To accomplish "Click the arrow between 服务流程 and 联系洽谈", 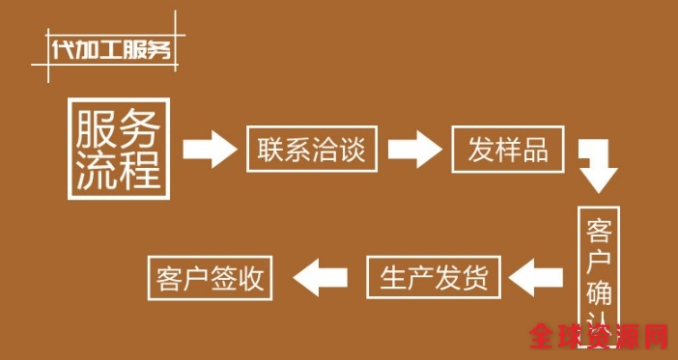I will click(210, 149).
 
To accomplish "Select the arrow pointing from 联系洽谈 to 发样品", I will click(413, 149).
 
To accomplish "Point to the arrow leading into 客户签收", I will click(319, 279).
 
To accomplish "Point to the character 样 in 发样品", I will click(509, 150).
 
